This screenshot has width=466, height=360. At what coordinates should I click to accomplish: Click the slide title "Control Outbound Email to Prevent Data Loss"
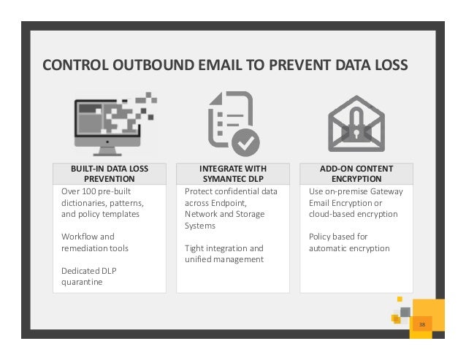pyautogui.click(x=225, y=67)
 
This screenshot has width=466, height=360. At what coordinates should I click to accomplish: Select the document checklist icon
pyautogui.click(x=232, y=123)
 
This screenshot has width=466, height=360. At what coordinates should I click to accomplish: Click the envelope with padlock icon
pyautogui.click(x=356, y=123)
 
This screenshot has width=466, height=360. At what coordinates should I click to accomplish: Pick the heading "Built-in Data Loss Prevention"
pyautogui.click(x=110, y=174)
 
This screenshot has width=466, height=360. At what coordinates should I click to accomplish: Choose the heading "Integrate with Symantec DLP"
pyautogui.click(x=233, y=174)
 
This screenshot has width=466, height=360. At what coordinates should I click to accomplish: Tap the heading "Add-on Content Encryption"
pyautogui.click(x=356, y=174)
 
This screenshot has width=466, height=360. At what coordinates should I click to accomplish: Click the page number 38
pyautogui.click(x=421, y=323)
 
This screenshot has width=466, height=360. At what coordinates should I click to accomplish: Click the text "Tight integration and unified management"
pyautogui.click(x=224, y=254)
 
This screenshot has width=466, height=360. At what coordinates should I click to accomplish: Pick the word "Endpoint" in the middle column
pyautogui.click(x=227, y=203)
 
